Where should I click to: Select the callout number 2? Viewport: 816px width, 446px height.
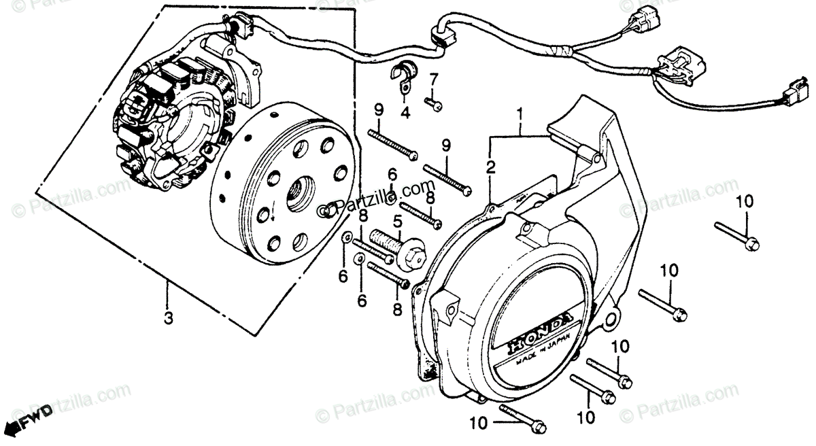point(490,167)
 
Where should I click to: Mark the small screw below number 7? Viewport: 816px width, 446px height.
point(434,103)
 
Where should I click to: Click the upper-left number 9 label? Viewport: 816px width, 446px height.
point(378,109)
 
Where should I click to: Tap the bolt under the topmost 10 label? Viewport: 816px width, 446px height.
point(738,234)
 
